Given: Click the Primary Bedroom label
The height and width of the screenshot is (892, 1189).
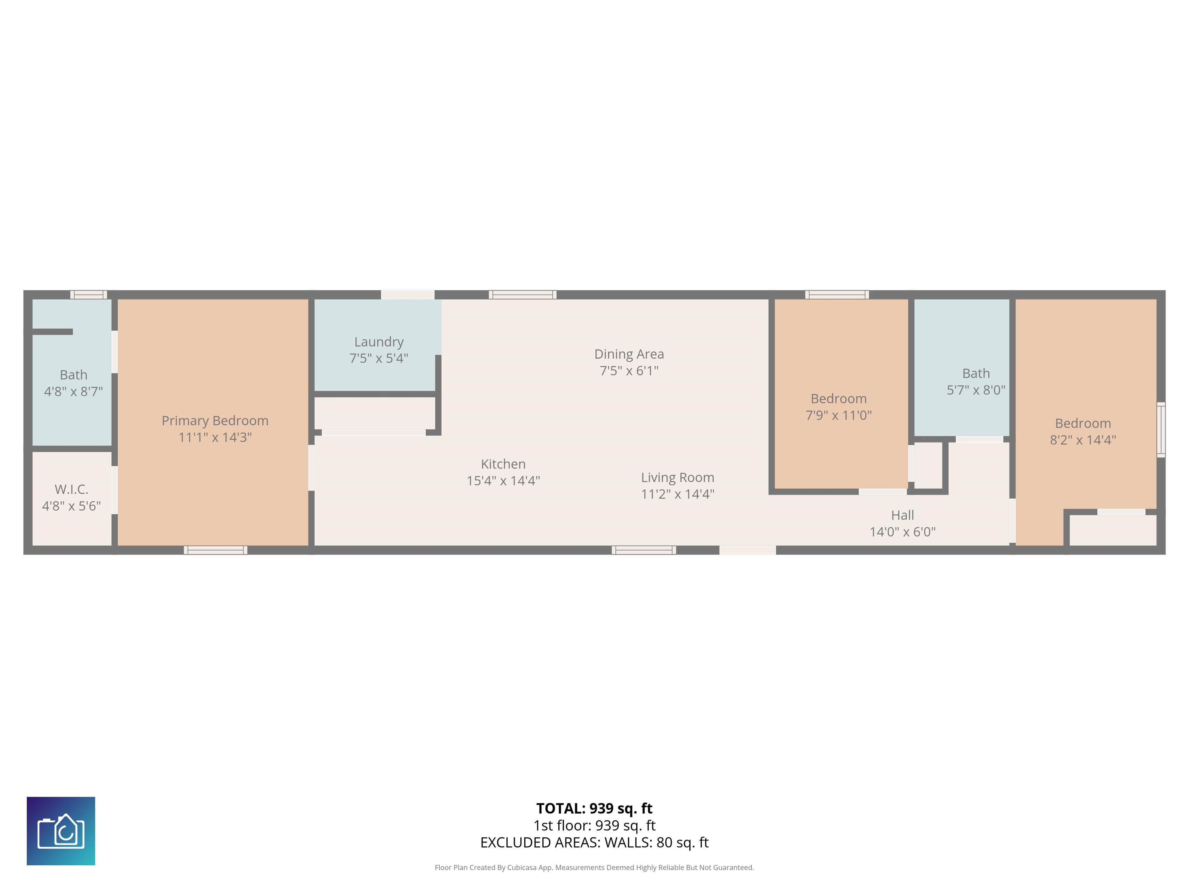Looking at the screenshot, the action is pyautogui.click(x=215, y=420).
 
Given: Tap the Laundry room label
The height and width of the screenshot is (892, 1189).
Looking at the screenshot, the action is pyautogui.click(x=379, y=342).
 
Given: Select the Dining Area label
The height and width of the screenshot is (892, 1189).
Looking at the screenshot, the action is pyautogui.click(x=629, y=354).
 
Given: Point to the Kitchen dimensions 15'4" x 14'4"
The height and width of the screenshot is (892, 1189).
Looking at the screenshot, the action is pyautogui.click(x=503, y=481).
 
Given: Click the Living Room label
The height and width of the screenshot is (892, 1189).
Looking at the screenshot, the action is pyautogui.click(x=677, y=477).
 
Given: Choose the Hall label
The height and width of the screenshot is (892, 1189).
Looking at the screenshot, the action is pyautogui.click(x=903, y=515).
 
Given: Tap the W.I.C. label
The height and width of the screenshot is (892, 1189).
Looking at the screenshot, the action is pyautogui.click(x=72, y=489).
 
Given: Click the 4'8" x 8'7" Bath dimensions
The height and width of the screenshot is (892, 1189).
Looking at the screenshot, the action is pyautogui.click(x=73, y=391).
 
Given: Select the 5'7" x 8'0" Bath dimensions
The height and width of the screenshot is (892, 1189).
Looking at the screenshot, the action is pyautogui.click(x=976, y=390).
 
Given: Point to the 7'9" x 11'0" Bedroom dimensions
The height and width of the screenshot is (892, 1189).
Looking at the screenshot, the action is pyautogui.click(x=839, y=415).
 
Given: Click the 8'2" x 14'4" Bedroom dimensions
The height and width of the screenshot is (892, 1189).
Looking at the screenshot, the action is pyautogui.click(x=1083, y=440).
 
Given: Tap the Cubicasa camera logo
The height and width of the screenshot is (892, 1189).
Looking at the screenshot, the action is pyautogui.click(x=61, y=831).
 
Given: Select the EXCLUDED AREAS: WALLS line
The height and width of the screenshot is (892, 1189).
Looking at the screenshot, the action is pyautogui.click(x=594, y=842).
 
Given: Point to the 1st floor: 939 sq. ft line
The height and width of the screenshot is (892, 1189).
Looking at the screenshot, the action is pyautogui.click(x=594, y=825).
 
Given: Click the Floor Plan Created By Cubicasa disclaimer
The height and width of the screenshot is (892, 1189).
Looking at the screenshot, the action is pyautogui.click(x=594, y=867).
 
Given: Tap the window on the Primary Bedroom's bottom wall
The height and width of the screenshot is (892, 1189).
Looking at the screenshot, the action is pyautogui.click(x=216, y=550).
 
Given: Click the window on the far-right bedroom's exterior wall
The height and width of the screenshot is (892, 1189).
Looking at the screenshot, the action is pyautogui.click(x=1161, y=430).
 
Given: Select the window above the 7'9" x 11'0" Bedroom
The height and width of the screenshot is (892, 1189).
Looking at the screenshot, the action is pyautogui.click(x=837, y=295).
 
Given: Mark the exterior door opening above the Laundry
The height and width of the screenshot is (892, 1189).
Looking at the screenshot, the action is pyautogui.click(x=408, y=295).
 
